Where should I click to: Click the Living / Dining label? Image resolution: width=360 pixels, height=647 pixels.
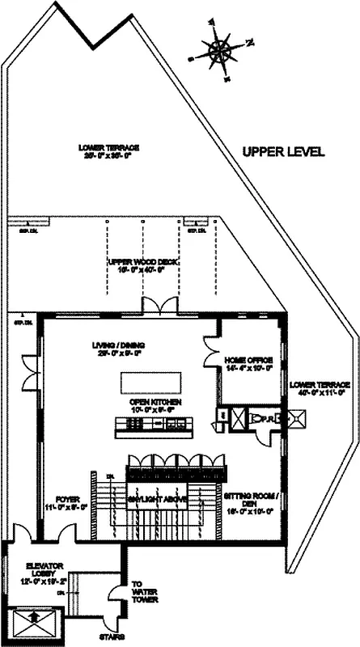tap(120, 349)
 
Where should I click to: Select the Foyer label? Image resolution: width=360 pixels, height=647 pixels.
tap(61, 504)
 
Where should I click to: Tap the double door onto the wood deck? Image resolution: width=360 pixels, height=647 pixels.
tap(155, 307)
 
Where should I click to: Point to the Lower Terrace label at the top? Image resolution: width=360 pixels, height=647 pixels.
tap(109, 152)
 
